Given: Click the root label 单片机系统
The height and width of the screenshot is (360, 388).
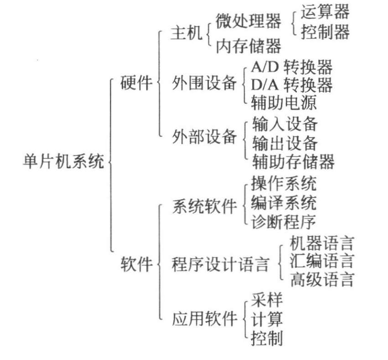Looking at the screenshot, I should pyautogui.click(x=63, y=162).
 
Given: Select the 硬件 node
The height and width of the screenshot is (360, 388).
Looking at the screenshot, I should pyautogui.click(x=136, y=82).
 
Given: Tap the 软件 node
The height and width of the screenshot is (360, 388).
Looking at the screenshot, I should pyautogui.click(x=136, y=264).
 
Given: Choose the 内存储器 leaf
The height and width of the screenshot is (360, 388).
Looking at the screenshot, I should pyautogui.click(x=249, y=46).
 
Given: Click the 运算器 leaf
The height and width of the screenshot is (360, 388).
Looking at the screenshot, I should pyautogui.click(x=325, y=11).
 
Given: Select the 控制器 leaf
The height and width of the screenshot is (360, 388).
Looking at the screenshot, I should pyautogui.click(x=325, y=32).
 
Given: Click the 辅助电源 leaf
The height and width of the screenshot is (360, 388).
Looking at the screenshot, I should pyautogui.click(x=284, y=103).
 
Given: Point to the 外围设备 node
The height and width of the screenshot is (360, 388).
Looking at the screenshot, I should pyautogui.click(x=205, y=83).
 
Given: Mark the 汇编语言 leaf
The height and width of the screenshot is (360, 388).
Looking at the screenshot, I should pyautogui.click(x=321, y=261).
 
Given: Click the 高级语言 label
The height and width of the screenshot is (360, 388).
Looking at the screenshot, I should pyautogui.click(x=321, y=279).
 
